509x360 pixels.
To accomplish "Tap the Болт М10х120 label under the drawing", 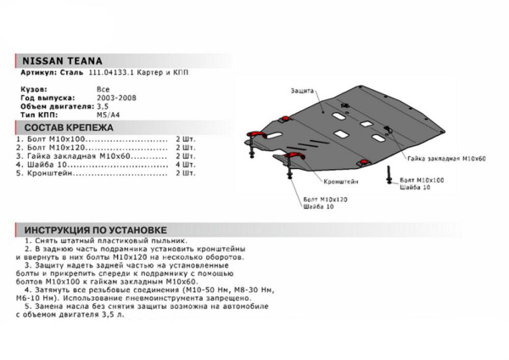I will (323, 198).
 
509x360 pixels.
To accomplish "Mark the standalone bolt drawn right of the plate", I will (389, 175).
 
